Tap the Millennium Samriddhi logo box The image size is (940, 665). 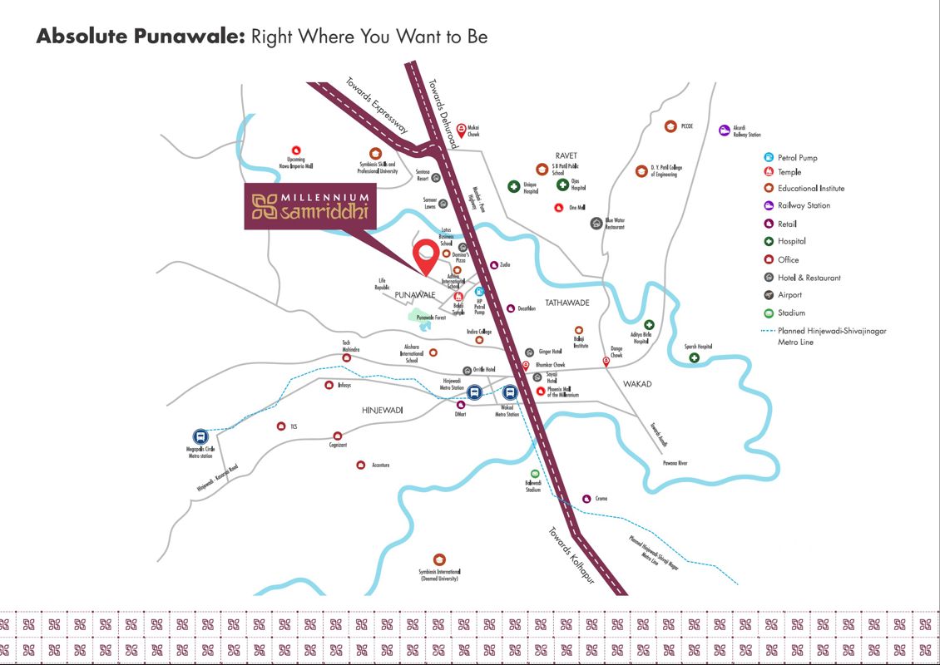coord(310,206)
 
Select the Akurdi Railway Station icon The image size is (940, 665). coord(725,130)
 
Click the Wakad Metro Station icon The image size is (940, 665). coord(509,393)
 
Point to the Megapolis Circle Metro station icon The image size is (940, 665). coord(200,436)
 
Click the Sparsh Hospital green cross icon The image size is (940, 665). coord(694,358)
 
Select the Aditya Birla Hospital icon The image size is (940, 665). coord(649,325)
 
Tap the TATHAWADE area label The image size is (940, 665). coord(567,303)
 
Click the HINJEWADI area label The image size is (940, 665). coord(383,411)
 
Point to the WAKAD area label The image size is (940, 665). coord(637,384)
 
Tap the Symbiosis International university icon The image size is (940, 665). coord(439,559)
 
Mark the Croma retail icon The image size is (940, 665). coord(586,498)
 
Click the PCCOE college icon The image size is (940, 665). coord(670,126)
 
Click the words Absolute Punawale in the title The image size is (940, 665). coord(138,37)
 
